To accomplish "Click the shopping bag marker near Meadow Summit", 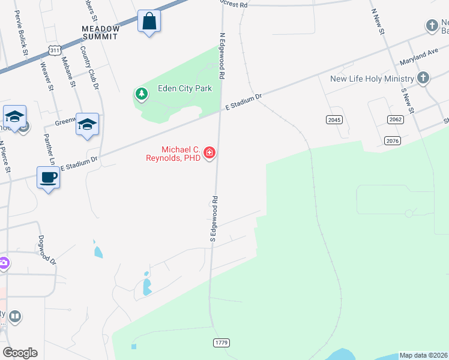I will tap(148, 22).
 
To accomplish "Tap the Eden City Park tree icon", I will tap(141, 94).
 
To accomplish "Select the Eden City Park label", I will tap(185, 88).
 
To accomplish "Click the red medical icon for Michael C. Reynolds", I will tap(209, 154).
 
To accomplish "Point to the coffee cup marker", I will tap(48, 178).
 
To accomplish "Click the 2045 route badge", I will tap(334, 120).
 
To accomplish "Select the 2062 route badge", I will tap(395, 120).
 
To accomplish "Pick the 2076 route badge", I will tap(391, 140).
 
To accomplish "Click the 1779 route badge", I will tap(221, 342).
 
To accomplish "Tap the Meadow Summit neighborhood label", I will tap(101, 33).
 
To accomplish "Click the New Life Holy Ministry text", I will tap(372, 79).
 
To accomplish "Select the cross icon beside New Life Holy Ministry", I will tap(423, 78).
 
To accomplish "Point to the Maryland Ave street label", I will tap(418, 58).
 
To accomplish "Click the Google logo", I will tap(20, 352).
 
